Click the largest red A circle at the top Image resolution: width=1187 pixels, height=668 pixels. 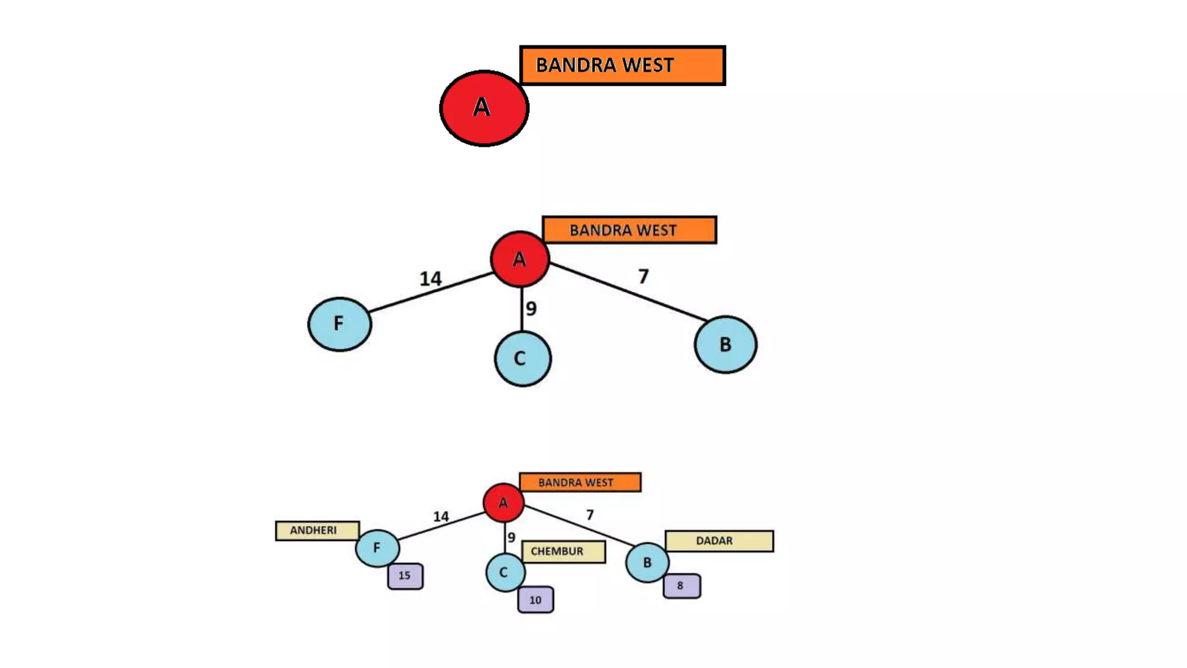pyautogui.click(x=484, y=108)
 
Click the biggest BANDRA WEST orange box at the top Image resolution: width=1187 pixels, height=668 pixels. pyautogui.click(x=622, y=66)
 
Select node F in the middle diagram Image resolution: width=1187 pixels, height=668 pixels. pyautogui.click(x=340, y=324)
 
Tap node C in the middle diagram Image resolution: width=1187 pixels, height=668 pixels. pyautogui.click(x=522, y=358)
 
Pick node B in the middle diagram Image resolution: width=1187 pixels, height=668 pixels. pyautogui.click(x=725, y=344)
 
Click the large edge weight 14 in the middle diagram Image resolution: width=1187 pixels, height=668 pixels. pyautogui.click(x=431, y=279)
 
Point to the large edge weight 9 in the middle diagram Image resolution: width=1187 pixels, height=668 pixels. pyautogui.click(x=531, y=308)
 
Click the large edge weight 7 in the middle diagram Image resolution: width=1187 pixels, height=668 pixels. pyautogui.click(x=643, y=277)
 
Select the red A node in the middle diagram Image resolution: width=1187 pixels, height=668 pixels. pyautogui.click(x=520, y=259)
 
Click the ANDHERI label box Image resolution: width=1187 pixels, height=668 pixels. pyautogui.click(x=317, y=531)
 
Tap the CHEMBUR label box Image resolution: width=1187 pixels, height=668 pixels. pyautogui.click(x=563, y=551)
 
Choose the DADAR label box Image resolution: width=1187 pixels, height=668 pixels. pyautogui.click(x=719, y=541)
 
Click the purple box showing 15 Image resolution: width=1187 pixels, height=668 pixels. pyautogui.click(x=405, y=576)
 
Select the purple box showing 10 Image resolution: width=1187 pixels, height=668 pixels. pyautogui.click(x=536, y=600)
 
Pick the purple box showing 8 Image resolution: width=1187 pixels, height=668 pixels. pyautogui.click(x=682, y=586)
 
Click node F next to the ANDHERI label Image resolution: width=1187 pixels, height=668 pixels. pyautogui.click(x=377, y=548)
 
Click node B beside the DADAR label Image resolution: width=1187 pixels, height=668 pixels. pyautogui.click(x=647, y=562)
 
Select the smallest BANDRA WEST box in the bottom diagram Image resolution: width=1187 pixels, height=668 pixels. pyautogui.click(x=580, y=482)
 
